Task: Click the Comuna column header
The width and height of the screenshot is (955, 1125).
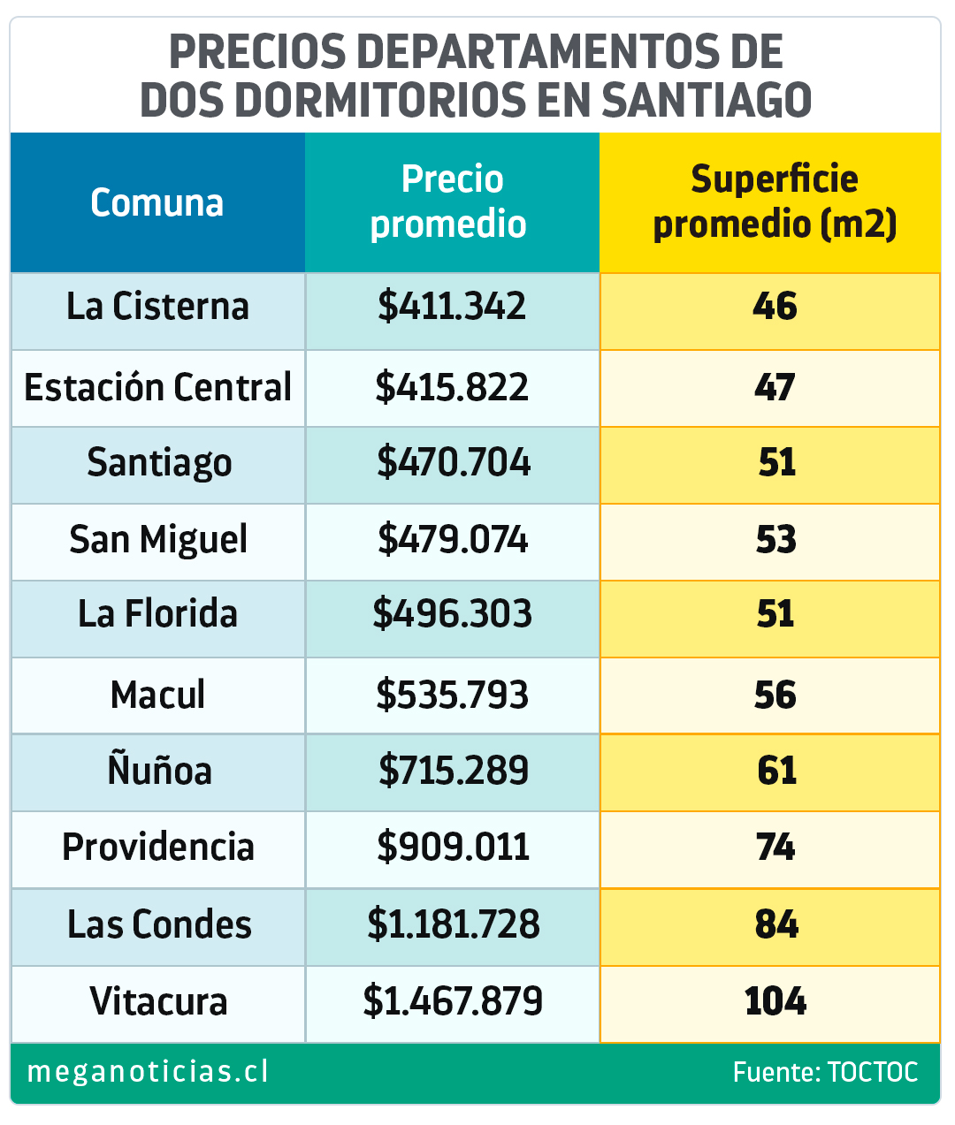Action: coord(157,202)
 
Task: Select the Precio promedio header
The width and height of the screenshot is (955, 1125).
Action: coord(451,202)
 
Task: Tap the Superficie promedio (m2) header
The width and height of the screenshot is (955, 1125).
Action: coord(774,202)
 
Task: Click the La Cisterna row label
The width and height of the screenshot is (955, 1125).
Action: coord(157,307)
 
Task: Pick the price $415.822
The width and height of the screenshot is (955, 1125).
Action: coord(452,387)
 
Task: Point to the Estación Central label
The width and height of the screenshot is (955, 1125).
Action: coord(157,387)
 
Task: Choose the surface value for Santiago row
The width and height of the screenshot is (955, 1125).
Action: coord(776,463)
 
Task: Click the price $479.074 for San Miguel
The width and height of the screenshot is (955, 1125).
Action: coord(453,540)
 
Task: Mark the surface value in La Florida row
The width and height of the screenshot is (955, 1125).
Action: coord(775,614)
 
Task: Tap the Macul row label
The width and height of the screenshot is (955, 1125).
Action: coord(157,695)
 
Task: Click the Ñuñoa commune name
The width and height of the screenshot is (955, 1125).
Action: coord(159,771)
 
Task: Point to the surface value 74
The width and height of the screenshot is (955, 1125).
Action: coord(775,848)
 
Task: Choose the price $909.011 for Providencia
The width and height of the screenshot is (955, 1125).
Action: coord(453,848)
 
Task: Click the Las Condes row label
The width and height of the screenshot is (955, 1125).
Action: coord(159,924)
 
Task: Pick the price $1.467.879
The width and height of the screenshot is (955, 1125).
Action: coord(453,1001)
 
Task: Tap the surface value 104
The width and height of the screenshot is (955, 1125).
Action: coord(775,1001)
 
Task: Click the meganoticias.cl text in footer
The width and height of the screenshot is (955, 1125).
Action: coord(148,1072)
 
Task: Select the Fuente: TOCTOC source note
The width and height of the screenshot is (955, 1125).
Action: coord(825,1073)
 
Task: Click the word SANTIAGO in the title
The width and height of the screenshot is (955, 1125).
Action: coord(707,99)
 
